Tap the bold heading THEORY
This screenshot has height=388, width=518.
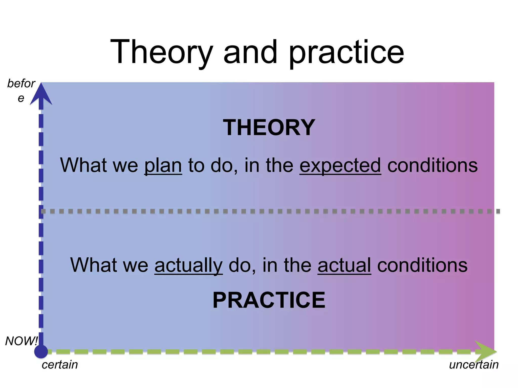tap(269, 128)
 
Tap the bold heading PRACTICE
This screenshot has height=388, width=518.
tap(269, 300)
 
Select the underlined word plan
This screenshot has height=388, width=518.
tap(163, 166)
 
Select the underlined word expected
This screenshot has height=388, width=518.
tap(340, 166)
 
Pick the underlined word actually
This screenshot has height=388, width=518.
tap(188, 265)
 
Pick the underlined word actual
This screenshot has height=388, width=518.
tap(344, 265)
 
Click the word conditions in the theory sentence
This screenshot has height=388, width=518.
tap(433, 165)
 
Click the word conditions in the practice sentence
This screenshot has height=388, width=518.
tap(422, 265)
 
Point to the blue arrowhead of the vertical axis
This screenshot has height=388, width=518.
tap(41, 95)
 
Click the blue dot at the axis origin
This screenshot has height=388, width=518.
tap(41, 351)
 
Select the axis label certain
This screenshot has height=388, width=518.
tap(60, 365)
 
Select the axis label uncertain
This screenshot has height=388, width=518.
tap(473, 365)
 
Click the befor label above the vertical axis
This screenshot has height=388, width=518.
tap(21, 84)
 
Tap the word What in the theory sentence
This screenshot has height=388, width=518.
tap(83, 165)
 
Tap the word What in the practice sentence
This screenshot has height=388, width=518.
tap(94, 265)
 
